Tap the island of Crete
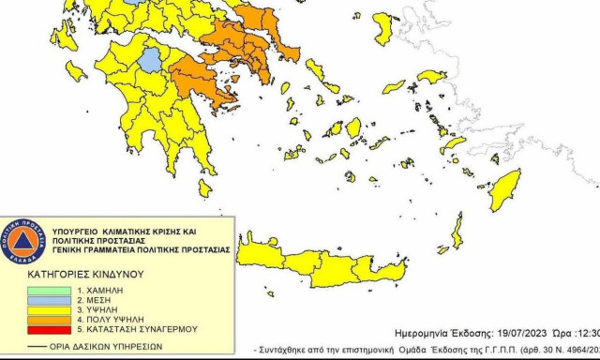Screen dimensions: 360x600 coord(319,264)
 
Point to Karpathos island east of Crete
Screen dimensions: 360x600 coord(457,231)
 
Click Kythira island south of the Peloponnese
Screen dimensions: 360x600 coord(204,187)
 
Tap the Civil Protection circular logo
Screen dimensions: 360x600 coord(22,242)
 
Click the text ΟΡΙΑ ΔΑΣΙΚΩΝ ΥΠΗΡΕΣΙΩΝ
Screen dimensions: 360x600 coord(103,346)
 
